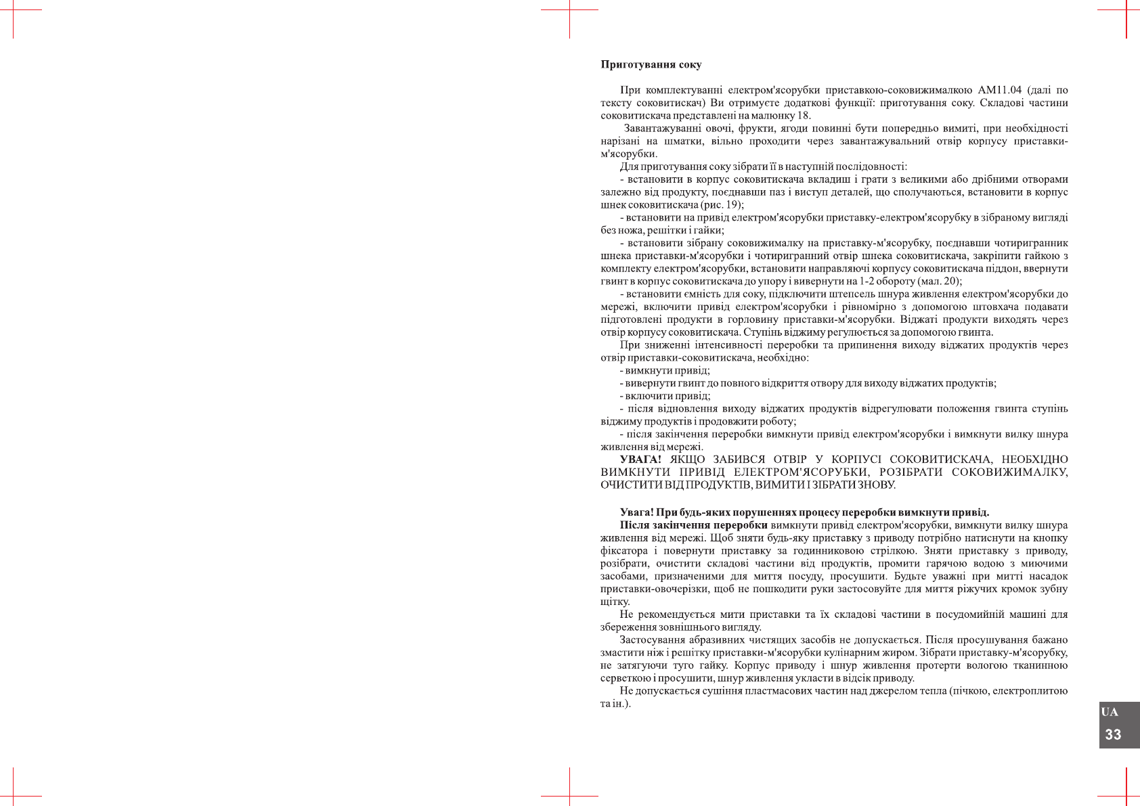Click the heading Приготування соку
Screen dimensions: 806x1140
(651, 65)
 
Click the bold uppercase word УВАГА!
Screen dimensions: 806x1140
(640, 460)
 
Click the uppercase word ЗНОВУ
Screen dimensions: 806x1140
(877, 485)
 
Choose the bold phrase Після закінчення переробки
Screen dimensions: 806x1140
(693, 525)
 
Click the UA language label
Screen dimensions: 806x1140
(1110, 712)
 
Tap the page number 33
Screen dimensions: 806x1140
(1113, 735)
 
